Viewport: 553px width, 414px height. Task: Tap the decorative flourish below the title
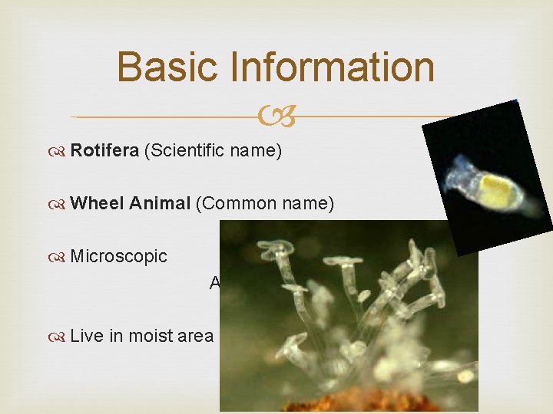(x=276, y=117)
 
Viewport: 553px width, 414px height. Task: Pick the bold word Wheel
(x=97, y=204)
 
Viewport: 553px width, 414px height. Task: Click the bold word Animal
(x=160, y=204)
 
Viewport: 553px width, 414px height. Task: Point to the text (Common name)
(x=264, y=204)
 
